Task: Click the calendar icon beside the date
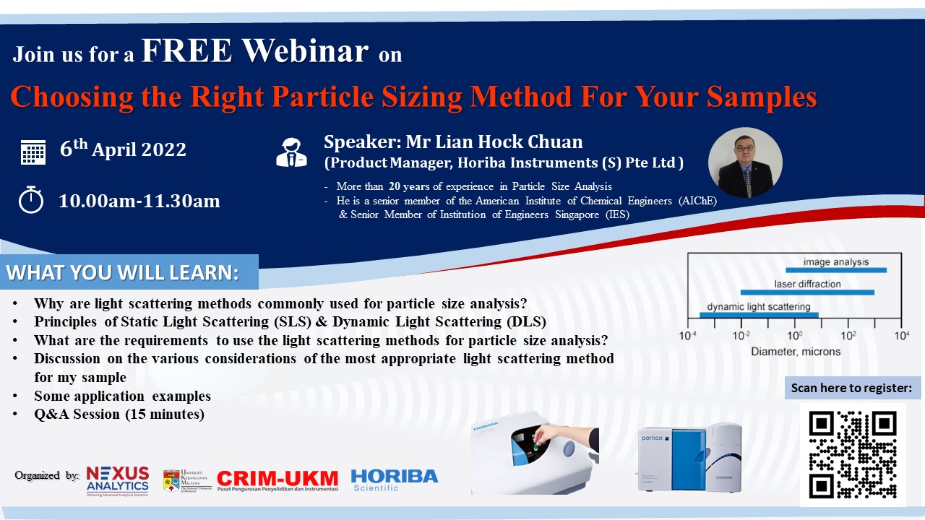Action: (x=33, y=152)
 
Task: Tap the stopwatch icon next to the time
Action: (x=31, y=200)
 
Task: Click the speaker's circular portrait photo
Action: (x=745, y=162)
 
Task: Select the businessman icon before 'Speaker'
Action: (x=291, y=152)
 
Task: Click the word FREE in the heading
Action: (x=186, y=51)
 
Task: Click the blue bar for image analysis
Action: (x=836, y=270)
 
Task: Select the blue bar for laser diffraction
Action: (x=807, y=292)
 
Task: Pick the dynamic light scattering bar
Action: (x=759, y=315)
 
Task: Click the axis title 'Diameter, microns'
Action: (x=796, y=352)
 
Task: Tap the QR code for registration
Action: (x=853, y=455)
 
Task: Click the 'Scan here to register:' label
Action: (x=851, y=388)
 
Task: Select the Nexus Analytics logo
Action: (x=118, y=481)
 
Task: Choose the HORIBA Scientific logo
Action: (x=395, y=480)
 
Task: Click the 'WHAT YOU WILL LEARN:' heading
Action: (x=123, y=272)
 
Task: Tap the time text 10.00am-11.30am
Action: (x=139, y=201)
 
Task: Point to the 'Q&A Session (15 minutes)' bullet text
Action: (x=119, y=414)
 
